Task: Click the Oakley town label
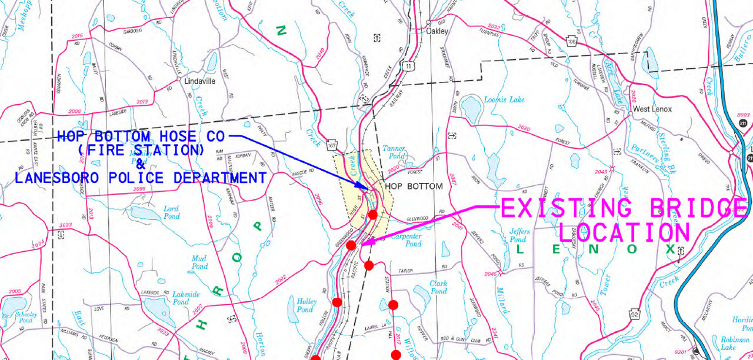point(437,31)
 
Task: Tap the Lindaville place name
point(200,81)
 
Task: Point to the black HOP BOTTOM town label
point(413,186)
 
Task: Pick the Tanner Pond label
point(394,152)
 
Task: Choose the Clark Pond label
point(438,287)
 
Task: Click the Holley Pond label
point(305,305)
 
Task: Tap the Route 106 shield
point(571,41)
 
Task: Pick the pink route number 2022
point(494,27)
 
